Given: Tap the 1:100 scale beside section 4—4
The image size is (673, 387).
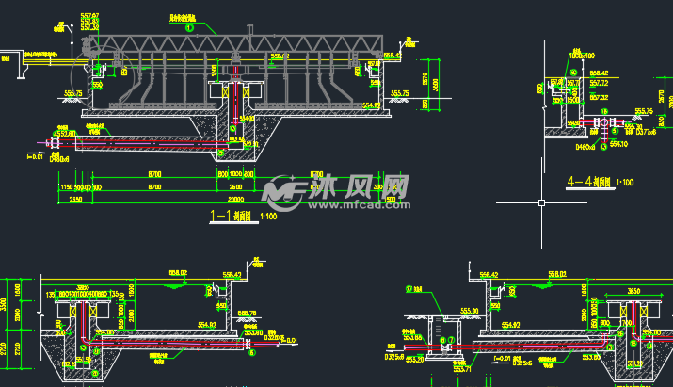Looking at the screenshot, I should pyautogui.click(x=624, y=183).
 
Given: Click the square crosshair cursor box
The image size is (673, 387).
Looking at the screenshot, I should pyautogui.click(x=540, y=202).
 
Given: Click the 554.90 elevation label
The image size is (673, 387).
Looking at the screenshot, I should pyautogui.click(x=370, y=105).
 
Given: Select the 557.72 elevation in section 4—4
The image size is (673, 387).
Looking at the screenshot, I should pyautogui.click(x=599, y=84).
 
